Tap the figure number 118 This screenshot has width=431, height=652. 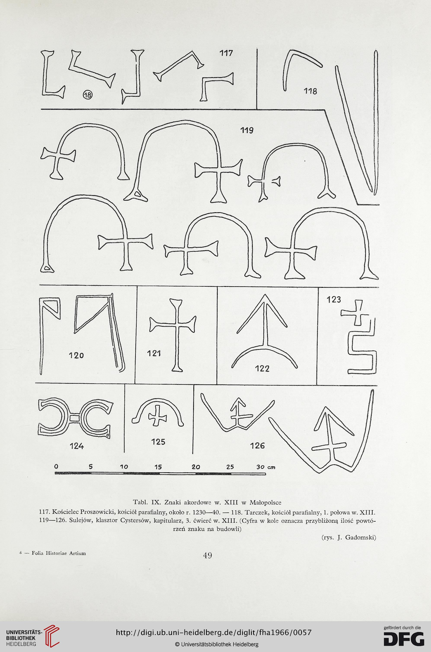310,91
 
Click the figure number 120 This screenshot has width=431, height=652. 76,355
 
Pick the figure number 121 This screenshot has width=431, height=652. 154,354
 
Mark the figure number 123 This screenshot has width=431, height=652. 334,299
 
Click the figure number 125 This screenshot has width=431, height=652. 158,442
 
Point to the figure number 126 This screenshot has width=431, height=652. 257,446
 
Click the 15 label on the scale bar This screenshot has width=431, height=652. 158,467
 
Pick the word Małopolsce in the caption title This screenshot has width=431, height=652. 266,502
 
